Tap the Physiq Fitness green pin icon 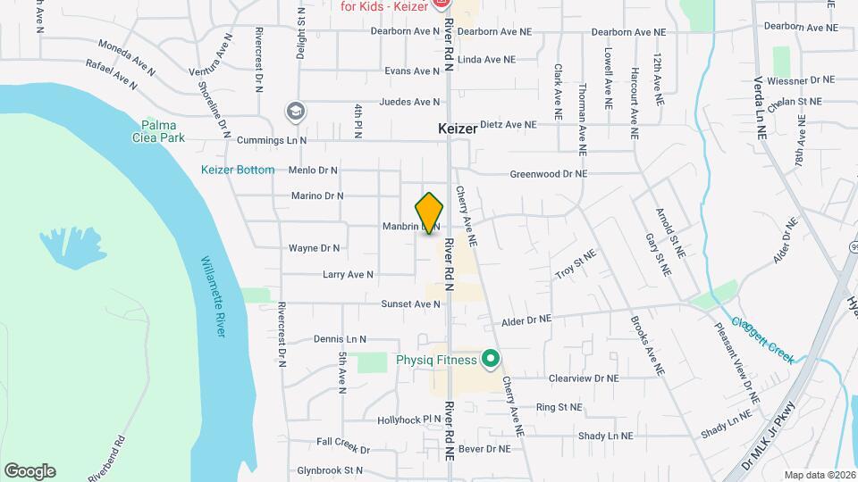(x=490, y=360)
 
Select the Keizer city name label (x=458, y=129)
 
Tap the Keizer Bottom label (x=237, y=170)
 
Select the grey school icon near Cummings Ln (x=294, y=111)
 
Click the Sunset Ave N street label (x=411, y=304)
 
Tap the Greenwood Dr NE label (x=548, y=174)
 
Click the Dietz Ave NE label (x=508, y=125)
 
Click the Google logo (x=29, y=470)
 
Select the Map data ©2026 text (x=820, y=475)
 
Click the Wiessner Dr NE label (x=800, y=79)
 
